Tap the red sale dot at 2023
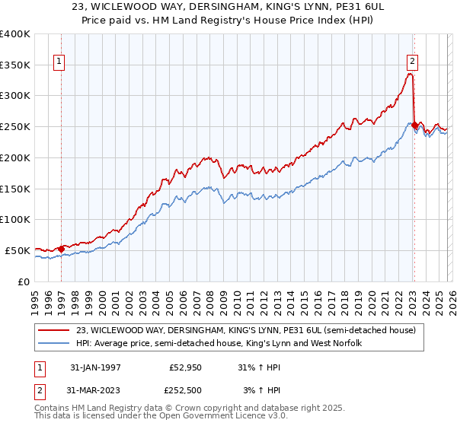(x=414, y=126)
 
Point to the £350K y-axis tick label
(x=15, y=65)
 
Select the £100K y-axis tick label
(x=15, y=219)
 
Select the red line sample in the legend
(x=54, y=330)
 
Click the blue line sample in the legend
(x=54, y=343)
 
